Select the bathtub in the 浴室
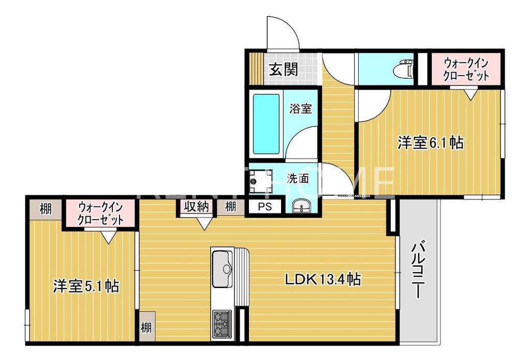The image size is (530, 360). click(x=267, y=124)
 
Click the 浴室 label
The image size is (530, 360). click(x=301, y=109)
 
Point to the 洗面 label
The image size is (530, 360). click(x=298, y=179)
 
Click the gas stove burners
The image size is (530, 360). click(x=222, y=323)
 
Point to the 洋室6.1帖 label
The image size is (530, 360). click(x=430, y=142)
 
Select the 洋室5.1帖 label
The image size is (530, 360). click(x=86, y=285)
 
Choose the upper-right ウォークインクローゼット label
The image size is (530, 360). click(x=466, y=69)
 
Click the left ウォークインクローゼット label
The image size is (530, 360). click(x=100, y=213)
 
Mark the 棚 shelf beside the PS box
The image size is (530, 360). click(x=230, y=207)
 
